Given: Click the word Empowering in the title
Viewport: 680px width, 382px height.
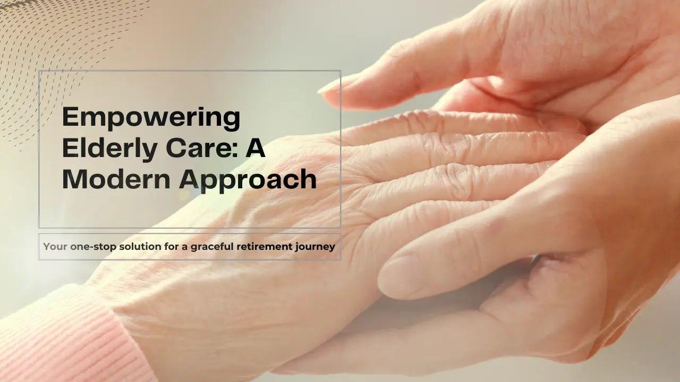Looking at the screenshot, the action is [x=151, y=118].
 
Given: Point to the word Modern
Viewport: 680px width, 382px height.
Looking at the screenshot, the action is [x=116, y=179].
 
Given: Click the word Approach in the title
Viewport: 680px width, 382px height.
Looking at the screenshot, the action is [x=248, y=181].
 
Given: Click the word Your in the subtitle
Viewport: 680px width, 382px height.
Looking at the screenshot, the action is [x=55, y=247].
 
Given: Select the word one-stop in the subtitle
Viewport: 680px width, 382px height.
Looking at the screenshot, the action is [x=93, y=247].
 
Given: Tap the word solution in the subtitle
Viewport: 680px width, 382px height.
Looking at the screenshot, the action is [x=140, y=247].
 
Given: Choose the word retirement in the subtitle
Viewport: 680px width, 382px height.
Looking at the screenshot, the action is [x=265, y=247].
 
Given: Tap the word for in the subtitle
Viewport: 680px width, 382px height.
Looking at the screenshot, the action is [x=172, y=247].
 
